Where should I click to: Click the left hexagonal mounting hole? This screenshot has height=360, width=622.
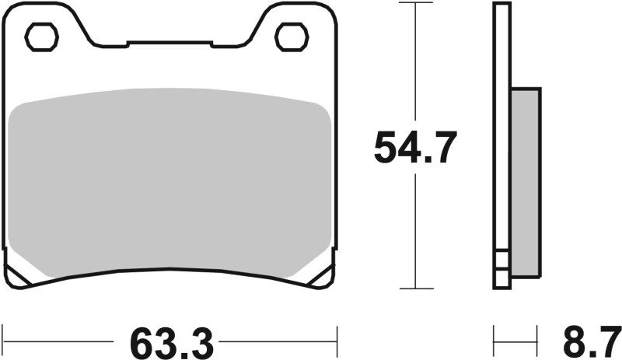42,36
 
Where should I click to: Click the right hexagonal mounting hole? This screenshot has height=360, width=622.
292,36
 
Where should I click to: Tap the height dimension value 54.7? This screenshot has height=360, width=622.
414,148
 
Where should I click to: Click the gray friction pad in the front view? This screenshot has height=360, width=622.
167,183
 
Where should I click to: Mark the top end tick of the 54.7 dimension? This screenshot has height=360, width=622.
415,3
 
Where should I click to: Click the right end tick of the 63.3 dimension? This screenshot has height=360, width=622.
337,341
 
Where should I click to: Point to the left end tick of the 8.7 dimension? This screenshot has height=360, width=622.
494,341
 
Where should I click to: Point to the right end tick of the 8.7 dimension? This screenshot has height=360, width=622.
540,341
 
